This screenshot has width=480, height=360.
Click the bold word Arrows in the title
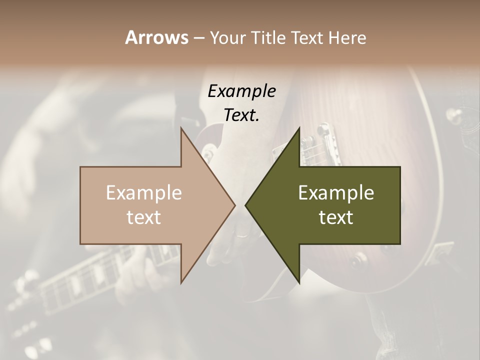click(156, 37)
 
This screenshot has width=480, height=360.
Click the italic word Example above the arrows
click(241, 91)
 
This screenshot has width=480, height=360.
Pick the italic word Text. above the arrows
click(241, 115)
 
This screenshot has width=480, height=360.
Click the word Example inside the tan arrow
click(144, 192)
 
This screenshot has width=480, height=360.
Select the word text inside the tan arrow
click(144, 217)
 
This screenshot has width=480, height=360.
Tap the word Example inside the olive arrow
click(336, 192)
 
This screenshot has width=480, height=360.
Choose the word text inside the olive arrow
click(336, 217)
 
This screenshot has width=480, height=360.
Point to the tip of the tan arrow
click(235, 205)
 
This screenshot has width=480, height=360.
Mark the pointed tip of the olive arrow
click(245, 205)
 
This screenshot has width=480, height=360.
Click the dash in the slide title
click(199, 38)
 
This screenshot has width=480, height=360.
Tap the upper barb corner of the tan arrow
click(181, 128)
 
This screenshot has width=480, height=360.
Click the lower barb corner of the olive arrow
click(299, 283)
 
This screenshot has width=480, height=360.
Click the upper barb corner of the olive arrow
click(299, 128)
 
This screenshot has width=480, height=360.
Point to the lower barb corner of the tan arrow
click(181, 283)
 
